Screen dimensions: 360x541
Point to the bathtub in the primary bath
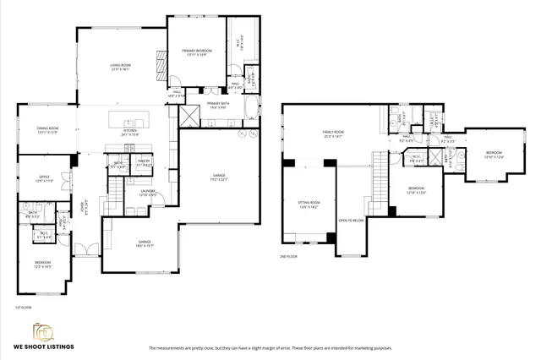tap(254, 108)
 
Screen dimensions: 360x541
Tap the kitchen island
tap(129, 117)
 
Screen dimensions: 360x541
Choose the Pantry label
tap(144, 162)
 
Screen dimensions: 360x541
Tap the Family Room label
tap(332, 134)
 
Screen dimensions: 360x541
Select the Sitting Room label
tap(309, 204)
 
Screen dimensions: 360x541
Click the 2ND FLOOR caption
tap(288, 256)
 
